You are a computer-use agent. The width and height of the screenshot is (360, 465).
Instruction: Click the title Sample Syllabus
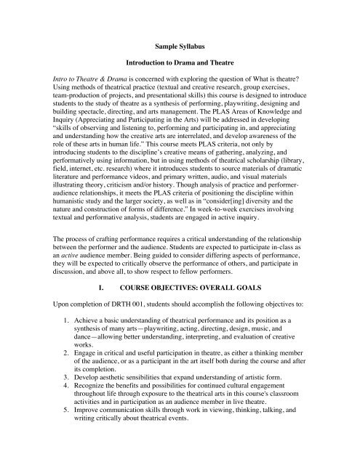click(x=180, y=54)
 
